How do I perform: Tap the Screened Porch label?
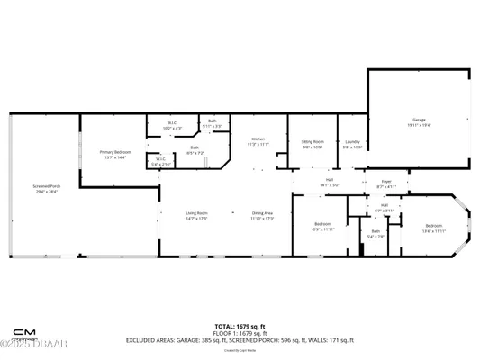(46, 189)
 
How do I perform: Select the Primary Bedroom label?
(115, 154)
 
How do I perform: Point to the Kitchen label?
(258, 141)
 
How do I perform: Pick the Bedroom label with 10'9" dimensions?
(323, 226)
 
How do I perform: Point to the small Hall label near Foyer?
(384, 207)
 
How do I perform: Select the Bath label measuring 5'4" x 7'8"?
(376, 235)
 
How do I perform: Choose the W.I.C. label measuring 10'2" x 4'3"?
(173, 126)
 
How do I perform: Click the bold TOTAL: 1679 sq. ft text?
(239, 325)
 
